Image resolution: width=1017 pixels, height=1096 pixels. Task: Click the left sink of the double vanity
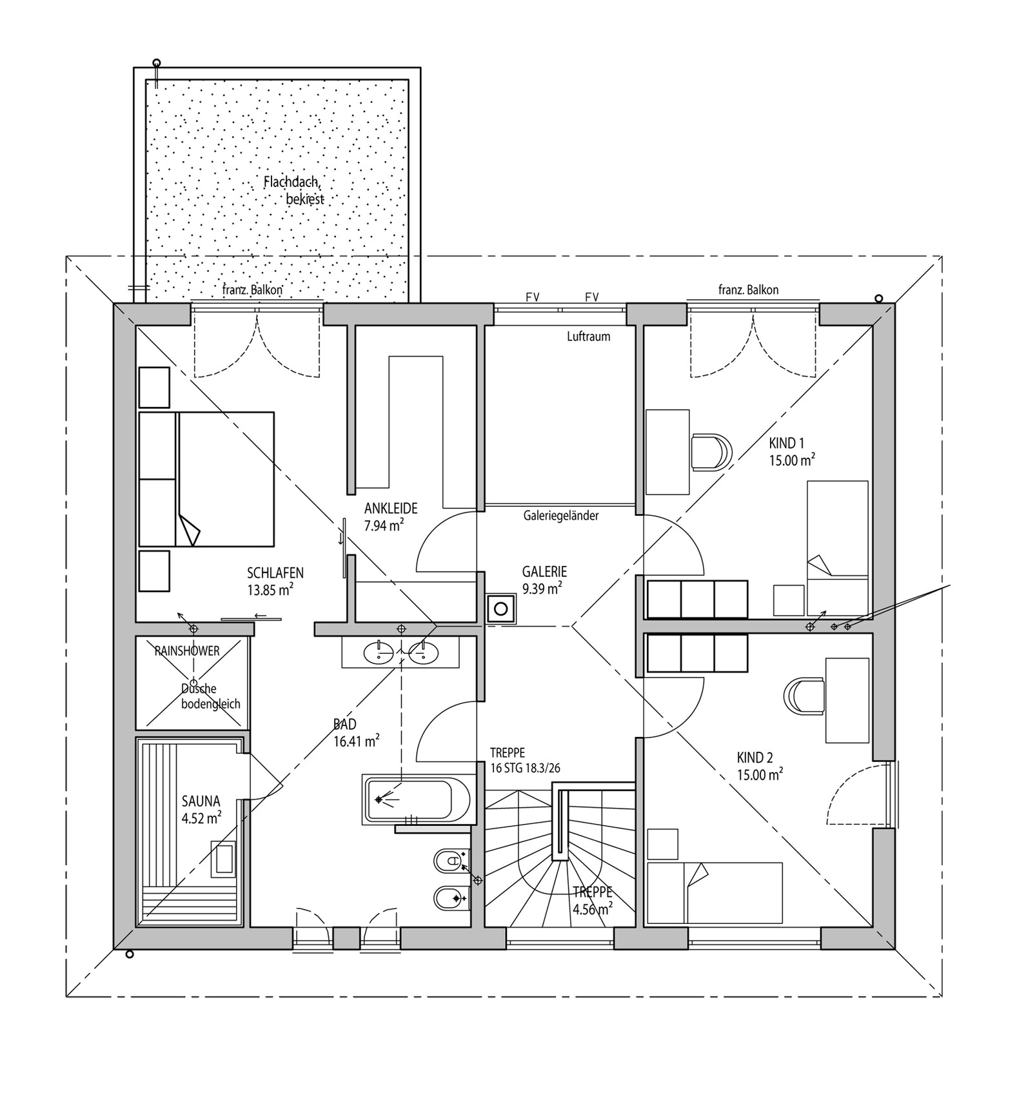[378, 653]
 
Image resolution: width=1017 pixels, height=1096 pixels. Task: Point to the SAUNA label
[201, 801]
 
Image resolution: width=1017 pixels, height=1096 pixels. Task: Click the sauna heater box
[223, 859]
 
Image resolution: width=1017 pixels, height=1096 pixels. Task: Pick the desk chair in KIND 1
[711, 451]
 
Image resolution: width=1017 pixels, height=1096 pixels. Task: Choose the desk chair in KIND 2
[804, 696]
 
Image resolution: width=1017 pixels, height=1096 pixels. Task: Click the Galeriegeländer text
[561, 515]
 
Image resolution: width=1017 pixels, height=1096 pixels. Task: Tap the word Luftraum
[588, 336]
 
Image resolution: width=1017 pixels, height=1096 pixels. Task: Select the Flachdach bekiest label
[294, 190]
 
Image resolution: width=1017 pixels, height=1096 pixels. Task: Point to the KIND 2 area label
[760, 766]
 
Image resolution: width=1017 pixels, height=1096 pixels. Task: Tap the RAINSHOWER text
[187, 651]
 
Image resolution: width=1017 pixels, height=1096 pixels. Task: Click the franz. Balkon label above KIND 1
[748, 289]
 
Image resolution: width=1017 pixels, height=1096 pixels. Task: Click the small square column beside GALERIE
[501, 608]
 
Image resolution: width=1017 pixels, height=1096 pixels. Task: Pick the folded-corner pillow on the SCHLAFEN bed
[188, 529]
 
